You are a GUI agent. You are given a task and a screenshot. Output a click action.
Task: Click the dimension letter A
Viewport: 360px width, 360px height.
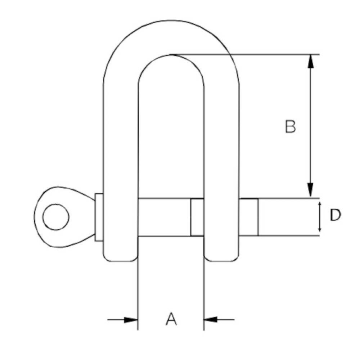pos(171,319)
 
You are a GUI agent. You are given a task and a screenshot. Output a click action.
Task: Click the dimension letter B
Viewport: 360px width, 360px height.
pos(290,126)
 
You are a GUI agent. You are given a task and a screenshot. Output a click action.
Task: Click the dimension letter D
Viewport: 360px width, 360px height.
pos(335,215)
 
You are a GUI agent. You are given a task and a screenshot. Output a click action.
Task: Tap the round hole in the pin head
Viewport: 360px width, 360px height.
pos(56,217)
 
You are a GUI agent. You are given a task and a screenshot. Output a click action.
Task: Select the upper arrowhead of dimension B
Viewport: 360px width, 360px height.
pos(310,62)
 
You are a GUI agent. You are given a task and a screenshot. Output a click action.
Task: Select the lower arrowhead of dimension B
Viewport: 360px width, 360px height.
pos(310,190)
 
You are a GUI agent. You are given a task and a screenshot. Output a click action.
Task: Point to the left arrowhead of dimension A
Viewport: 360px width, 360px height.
pos(131,319)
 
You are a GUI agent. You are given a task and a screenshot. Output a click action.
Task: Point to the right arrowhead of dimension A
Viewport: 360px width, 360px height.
pos(211,319)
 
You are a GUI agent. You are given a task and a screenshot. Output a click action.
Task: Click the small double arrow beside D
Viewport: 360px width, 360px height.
pos(320,217)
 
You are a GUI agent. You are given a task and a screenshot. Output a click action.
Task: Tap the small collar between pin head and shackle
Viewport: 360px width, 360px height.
pos(99,217)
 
